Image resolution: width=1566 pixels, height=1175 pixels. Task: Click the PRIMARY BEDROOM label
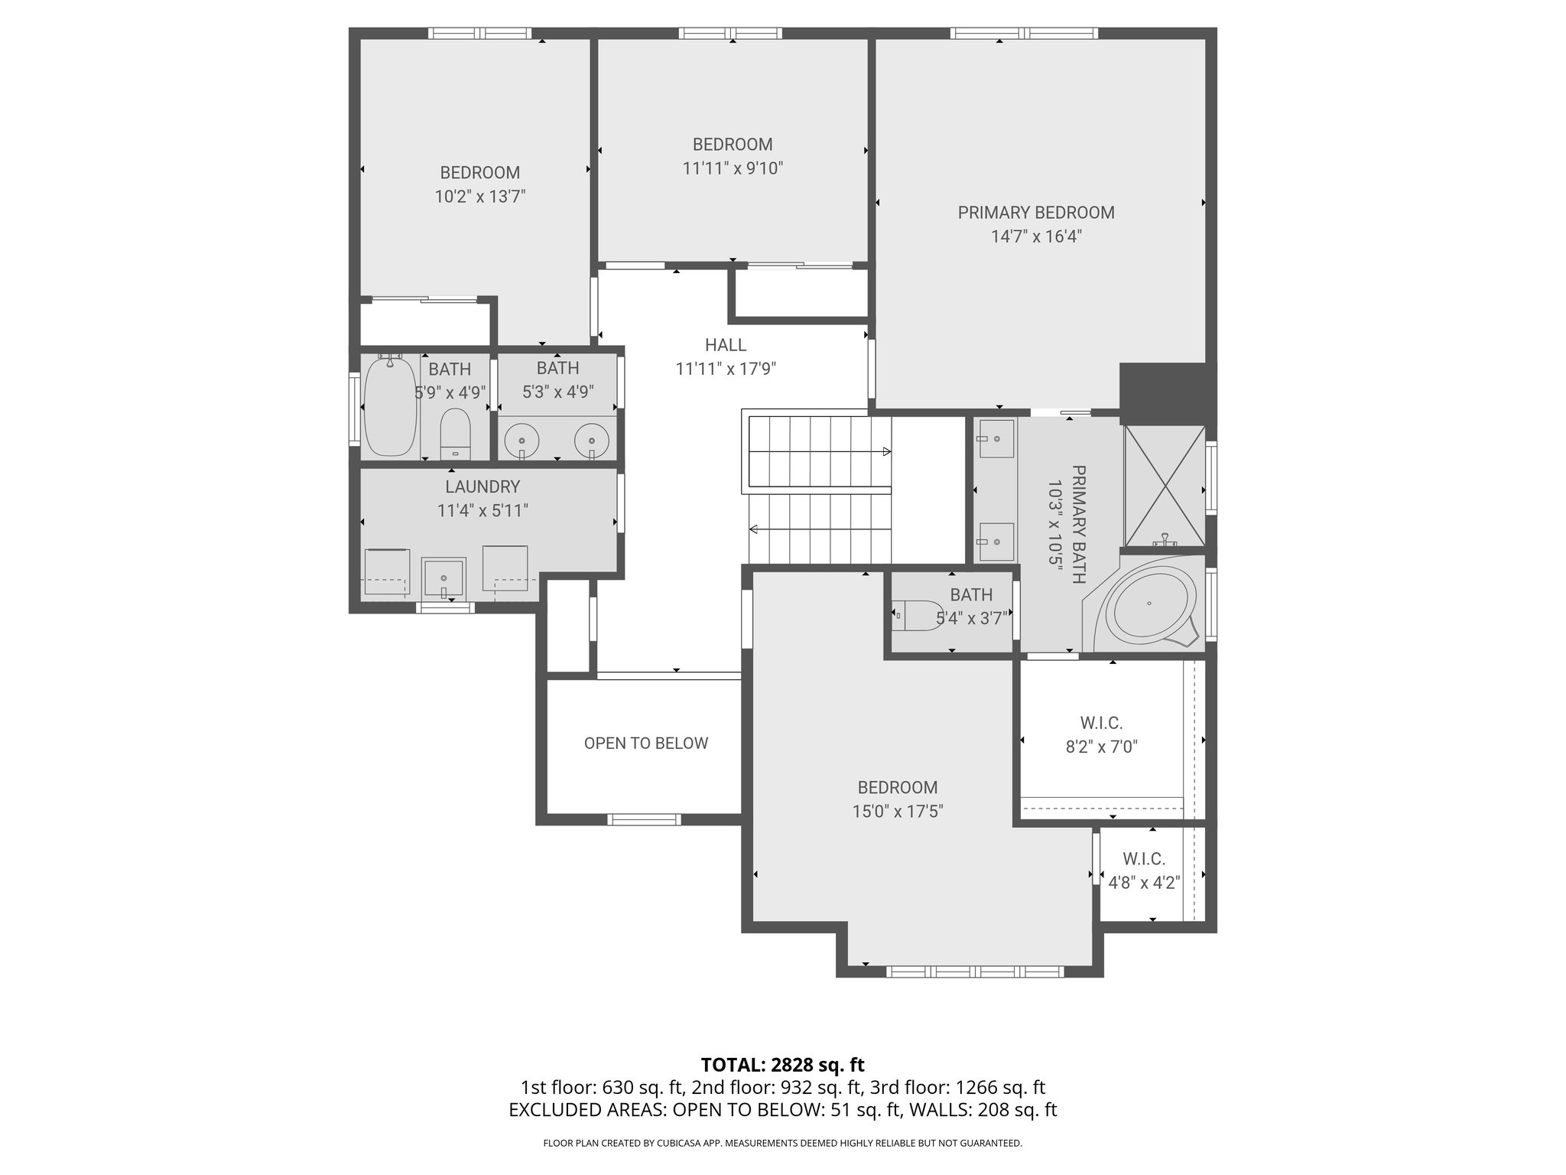click(x=1036, y=213)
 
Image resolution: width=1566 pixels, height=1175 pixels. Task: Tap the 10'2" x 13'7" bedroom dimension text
click(x=480, y=197)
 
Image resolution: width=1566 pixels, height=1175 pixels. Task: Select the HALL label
click(x=725, y=345)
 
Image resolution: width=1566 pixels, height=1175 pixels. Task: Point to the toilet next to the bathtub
click(x=455, y=432)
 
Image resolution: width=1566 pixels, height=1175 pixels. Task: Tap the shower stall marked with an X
click(x=1163, y=485)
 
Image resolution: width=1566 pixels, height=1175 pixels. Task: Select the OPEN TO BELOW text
click(x=645, y=744)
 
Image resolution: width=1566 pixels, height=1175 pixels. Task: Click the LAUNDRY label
click(x=482, y=487)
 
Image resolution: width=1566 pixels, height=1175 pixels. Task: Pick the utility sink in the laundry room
click(x=443, y=578)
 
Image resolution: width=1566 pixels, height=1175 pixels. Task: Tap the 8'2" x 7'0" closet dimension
click(x=1101, y=747)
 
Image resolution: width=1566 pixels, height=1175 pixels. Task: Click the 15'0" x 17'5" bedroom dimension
click(x=898, y=812)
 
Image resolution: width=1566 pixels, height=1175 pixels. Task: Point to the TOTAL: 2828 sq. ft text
click(x=782, y=1064)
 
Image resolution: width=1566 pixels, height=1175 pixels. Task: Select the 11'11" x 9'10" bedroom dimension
click(x=733, y=168)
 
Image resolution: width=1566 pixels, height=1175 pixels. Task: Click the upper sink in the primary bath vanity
click(x=996, y=438)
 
